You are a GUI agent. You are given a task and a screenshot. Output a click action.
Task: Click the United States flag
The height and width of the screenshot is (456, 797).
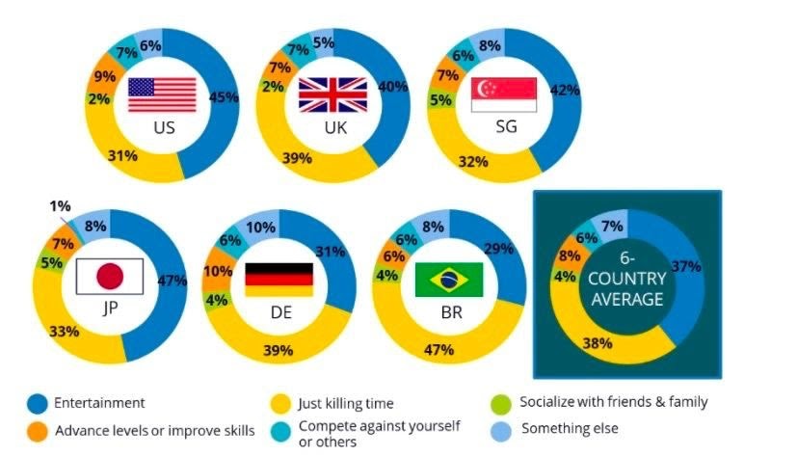pos(162,94)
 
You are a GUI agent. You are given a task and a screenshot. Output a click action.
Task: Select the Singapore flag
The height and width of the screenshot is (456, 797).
pos(502,94)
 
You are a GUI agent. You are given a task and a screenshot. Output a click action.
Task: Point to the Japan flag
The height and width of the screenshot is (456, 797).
pos(110,276)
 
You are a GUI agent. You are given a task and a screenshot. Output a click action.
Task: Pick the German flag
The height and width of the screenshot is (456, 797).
pos(279,279)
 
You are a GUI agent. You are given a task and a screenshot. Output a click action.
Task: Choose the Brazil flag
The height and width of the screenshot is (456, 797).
pos(449,279)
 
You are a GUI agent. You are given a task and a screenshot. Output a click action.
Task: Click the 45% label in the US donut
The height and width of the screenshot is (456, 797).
pos(224,97)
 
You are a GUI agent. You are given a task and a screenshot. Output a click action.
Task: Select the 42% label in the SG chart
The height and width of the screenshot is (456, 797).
pos(564,90)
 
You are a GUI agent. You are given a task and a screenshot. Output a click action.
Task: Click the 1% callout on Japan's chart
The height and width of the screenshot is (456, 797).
pos(59,205)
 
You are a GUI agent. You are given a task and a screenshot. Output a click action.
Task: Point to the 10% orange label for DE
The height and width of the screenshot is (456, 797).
pos(219,273)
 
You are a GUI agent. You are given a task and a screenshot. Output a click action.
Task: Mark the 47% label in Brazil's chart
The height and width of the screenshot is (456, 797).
pos(438,349)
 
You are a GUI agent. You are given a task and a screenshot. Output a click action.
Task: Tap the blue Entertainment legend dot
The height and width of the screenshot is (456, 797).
pos(38,404)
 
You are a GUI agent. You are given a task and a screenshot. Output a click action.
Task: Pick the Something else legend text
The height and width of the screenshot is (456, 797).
pos(570,427)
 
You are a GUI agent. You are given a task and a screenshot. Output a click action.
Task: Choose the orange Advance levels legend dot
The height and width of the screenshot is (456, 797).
pos(38,430)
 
